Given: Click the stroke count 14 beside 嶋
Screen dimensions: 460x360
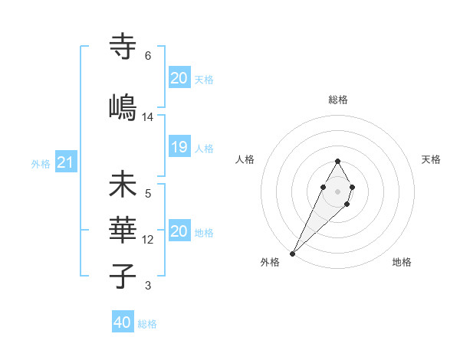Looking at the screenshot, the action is click(x=148, y=117).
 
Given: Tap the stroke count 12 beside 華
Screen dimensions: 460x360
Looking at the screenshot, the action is click(x=148, y=240).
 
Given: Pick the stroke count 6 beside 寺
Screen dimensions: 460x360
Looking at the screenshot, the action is click(x=148, y=56).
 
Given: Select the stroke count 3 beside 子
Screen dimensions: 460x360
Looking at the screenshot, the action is click(x=148, y=286).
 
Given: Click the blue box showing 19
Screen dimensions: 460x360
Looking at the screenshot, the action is click(x=179, y=148).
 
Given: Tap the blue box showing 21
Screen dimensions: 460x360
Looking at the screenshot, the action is click(x=65, y=162).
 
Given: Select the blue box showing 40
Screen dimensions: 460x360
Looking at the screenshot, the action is click(x=123, y=322).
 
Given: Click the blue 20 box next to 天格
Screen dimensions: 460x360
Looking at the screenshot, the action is click(x=179, y=78).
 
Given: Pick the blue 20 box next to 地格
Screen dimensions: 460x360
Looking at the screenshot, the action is click(x=179, y=231).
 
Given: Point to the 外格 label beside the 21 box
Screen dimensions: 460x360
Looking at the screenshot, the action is click(x=41, y=163).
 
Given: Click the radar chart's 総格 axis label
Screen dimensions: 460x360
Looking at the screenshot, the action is click(x=338, y=100).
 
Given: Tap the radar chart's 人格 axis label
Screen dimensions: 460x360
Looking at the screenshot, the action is click(x=245, y=159).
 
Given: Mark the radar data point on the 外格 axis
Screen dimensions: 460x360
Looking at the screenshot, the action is click(x=293, y=252).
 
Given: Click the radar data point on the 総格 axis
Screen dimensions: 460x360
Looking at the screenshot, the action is click(x=337, y=161).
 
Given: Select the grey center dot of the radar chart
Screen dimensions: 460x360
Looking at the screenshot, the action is click(x=337, y=190).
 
